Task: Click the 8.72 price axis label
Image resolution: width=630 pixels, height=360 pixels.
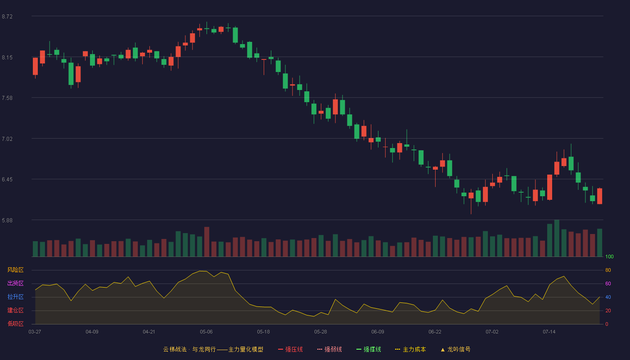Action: (7, 17)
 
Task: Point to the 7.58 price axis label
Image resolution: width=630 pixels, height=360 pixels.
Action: (7, 98)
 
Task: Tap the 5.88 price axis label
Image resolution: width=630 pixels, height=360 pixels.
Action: (7, 220)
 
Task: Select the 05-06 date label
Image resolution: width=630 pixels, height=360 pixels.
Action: (206, 332)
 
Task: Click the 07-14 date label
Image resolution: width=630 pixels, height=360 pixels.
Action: (549, 332)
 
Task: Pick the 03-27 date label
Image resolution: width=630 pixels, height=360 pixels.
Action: (35, 332)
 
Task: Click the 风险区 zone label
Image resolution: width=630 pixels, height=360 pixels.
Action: (15, 270)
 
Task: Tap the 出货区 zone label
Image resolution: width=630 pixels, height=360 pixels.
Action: (15, 283)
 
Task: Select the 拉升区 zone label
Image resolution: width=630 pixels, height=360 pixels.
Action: (15, 297)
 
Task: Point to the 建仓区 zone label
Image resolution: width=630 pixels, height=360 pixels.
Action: (15, 310)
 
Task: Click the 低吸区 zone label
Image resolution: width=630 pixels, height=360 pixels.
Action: (15, 324)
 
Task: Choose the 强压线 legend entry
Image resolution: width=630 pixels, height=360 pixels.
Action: (290, 350)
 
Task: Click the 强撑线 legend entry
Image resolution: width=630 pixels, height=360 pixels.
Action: (369, 350)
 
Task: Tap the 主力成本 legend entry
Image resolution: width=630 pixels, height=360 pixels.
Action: (410, 350)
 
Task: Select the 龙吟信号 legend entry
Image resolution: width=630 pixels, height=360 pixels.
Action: (455, 350)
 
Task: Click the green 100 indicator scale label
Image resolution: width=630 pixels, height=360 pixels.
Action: (609, 256)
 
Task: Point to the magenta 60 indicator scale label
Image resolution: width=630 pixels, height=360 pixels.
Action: (608, 283)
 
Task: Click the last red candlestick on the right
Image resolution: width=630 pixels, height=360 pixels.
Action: (599, 196)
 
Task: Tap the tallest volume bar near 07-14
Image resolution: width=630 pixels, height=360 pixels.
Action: (557, 238)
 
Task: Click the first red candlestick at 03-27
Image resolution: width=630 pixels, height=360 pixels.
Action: (35, 67)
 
